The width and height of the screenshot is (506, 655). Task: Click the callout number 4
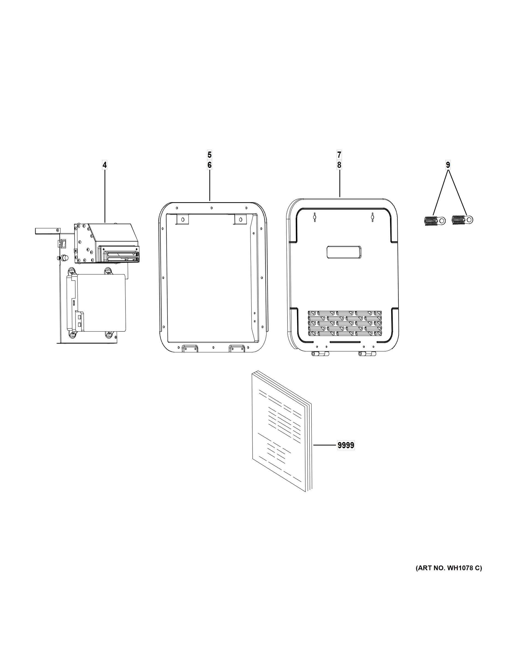click(105, 165)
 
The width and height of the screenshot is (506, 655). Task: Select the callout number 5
click(209, 155)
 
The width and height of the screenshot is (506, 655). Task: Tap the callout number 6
click(209, 165)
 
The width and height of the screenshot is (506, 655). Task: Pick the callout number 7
click(339, 155)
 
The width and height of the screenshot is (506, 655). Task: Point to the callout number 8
click(339, 165)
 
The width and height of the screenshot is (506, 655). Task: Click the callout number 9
click(448, 165)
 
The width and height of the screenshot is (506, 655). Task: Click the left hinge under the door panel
click(320, 354)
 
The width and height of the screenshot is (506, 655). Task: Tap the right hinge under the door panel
click(367, 354)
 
